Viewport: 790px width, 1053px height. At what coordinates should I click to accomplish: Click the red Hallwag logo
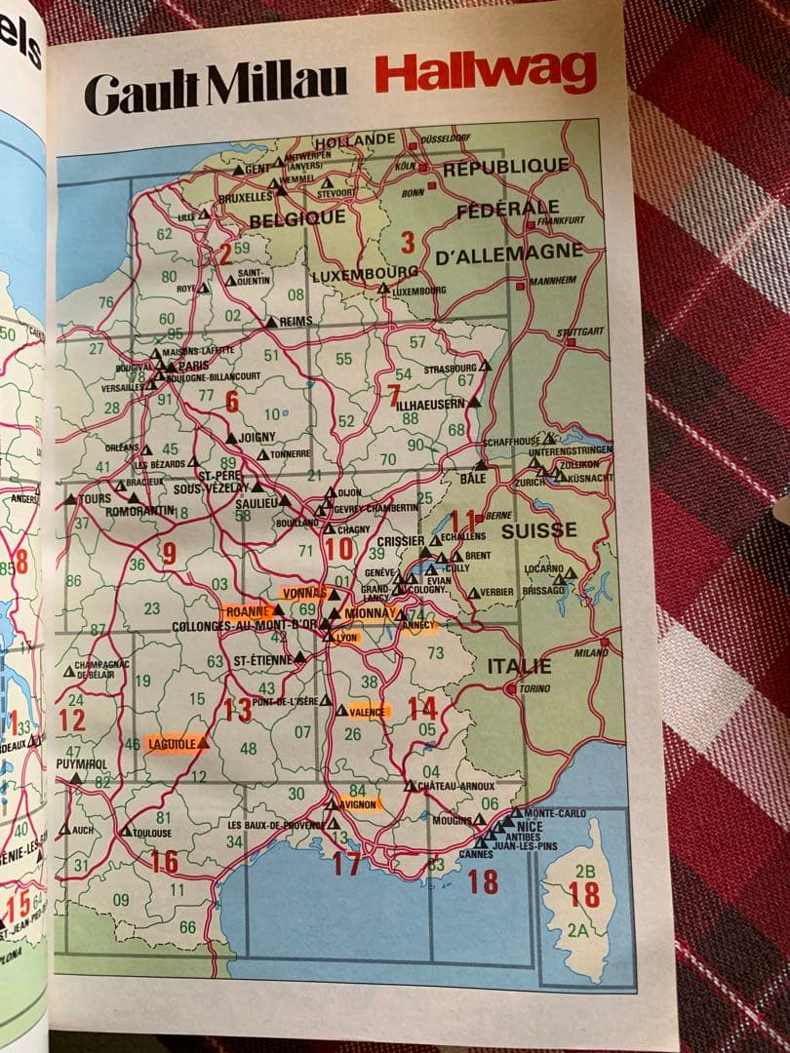click(x=485, y=72)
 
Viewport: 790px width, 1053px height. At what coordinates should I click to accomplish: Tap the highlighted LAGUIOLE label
click(x=173, y=744)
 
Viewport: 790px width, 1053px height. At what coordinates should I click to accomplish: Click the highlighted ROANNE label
click(x=246, y=611)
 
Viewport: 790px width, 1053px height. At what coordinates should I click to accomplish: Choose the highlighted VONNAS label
click(x=303, y=593)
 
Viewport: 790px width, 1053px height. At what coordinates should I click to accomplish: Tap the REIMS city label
click(x=296, y=322)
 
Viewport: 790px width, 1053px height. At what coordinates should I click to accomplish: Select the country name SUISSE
click(x=538, y=531)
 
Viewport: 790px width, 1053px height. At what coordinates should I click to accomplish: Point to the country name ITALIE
click(x=519, y=667)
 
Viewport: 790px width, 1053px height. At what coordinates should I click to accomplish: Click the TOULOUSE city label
click(x=152, y=834)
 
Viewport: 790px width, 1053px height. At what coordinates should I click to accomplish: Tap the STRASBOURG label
click(x=450, y=370)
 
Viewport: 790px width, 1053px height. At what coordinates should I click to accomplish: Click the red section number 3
click(x=408, y=241)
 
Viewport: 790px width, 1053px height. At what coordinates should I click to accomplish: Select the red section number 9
click(x=169, y=555)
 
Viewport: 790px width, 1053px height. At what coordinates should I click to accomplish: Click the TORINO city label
click(x=534, y=687)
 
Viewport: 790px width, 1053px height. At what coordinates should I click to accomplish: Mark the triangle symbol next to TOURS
click(x=70, y=498)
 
